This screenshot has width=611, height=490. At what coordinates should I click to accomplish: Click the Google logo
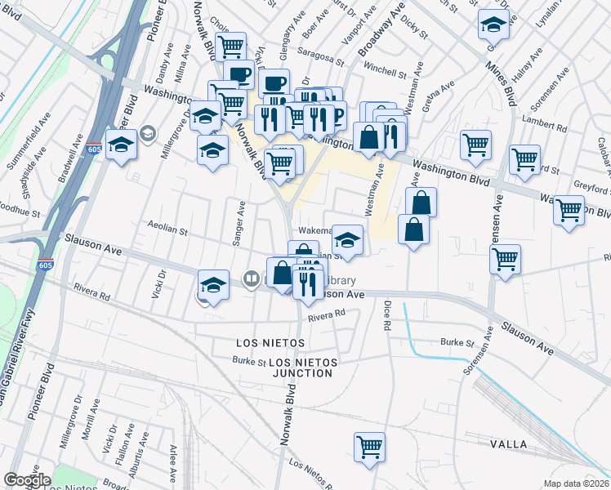[26, 480]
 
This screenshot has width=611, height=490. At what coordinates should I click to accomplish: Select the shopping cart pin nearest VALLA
[369, 448]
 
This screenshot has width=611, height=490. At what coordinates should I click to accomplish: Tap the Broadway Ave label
[382, 33]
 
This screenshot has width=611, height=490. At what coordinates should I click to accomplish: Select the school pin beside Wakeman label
[348, 241]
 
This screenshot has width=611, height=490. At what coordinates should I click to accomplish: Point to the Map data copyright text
[576, 483]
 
